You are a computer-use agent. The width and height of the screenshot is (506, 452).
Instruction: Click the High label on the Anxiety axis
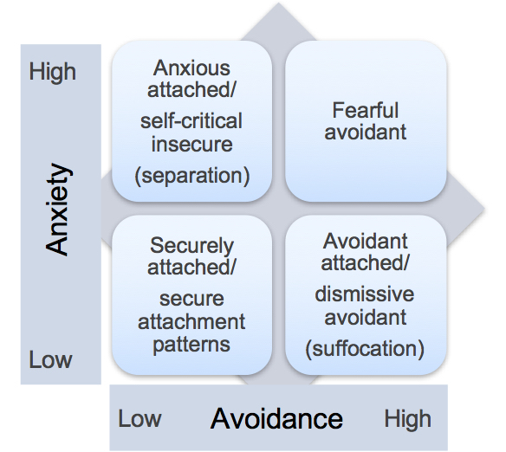tap(53, 72)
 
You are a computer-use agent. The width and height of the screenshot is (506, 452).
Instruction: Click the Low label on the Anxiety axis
tap(50, 359)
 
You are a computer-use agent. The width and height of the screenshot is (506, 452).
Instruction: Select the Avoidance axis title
tap(276, 418)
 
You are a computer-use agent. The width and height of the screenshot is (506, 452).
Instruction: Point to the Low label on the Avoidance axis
tap(139, 418)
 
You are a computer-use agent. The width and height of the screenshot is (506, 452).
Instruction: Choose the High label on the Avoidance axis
tap(407, 419)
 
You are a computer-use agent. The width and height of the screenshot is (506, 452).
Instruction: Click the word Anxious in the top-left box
tap(191, 68)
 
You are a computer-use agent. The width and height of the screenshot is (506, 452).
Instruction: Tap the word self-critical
tap(191, 120)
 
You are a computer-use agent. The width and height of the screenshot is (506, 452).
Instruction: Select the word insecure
tap(192, 144)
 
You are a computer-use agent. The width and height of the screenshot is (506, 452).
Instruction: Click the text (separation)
tap(192, 176)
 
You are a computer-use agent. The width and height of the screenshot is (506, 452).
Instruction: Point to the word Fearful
tap(366, 110)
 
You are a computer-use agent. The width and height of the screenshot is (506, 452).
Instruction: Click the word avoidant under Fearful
tap(366, 132)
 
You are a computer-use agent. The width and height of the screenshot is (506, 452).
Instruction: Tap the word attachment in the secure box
tap(191, 321)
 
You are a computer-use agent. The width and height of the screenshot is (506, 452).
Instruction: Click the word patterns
tap(191, 345)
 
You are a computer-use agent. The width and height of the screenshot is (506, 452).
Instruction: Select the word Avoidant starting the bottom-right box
tap(366, 241)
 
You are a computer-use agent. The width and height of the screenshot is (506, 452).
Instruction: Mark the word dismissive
tap(365, 294)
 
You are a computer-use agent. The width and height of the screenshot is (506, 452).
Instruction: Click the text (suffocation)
tap(365, 349)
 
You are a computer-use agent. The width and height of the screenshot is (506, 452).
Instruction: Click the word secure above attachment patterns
tap(191, 299)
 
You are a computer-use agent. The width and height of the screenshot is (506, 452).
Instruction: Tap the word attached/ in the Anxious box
tap(191, 89)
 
